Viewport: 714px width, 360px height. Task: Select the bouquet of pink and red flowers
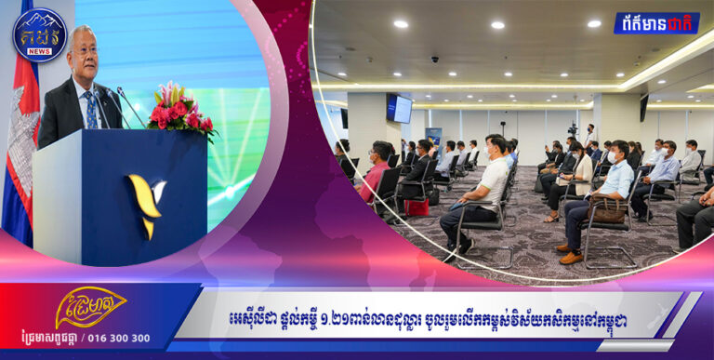click(182, 109)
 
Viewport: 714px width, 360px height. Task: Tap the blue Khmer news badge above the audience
click(655, 22)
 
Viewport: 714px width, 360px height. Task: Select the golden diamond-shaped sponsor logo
click(90, 309)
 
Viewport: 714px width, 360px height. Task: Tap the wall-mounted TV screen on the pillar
click(400, 109)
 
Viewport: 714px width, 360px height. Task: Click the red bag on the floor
click(416, 207)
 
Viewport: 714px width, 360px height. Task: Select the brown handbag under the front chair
click(609, 215)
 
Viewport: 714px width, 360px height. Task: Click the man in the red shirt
click(377, 170)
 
